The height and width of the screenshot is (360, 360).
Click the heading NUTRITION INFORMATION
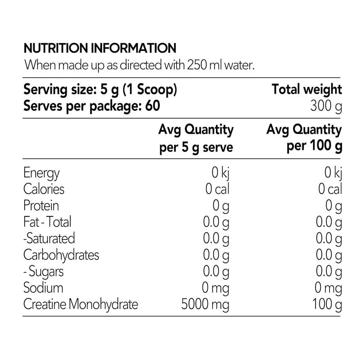click(100, 48)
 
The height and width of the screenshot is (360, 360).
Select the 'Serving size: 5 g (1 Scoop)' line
click(100, 90)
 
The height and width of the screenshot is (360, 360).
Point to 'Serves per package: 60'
click(92, 106)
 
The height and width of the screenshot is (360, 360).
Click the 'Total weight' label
click(307, 90)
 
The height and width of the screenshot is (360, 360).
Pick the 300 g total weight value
click(326, 106)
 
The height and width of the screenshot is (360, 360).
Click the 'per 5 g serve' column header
click(196, 147)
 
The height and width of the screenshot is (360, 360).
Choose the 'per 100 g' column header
click(314, 146)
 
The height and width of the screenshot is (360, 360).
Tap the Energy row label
click(41, 173)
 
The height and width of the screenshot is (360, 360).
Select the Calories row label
click(44, 189)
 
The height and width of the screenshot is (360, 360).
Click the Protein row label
click(41, 205)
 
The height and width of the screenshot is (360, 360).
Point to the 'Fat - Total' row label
click(47, 222)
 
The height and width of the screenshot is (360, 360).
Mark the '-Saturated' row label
click(49, 238)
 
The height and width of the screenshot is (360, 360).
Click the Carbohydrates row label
click(61, 255)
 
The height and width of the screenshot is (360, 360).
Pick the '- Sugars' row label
click(44, 272)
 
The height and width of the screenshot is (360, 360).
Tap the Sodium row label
click(43, 288)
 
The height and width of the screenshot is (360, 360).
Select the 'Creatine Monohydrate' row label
click(81, 305)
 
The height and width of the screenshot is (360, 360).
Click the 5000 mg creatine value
click(205, 305)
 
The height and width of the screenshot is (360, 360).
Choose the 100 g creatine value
click(327, 305)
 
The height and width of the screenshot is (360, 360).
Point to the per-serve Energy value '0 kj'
click(220, 173)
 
